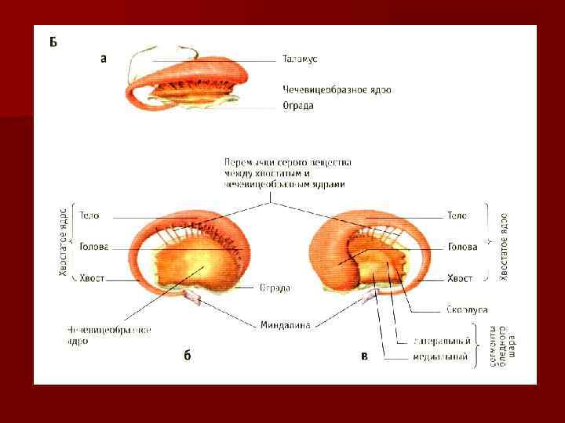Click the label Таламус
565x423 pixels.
tap(300, 59)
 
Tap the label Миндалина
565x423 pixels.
tap(285, 324)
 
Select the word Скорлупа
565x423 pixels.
tap(469, 309)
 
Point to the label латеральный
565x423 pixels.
tap(443, 341)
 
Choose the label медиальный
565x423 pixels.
tap(441, 358)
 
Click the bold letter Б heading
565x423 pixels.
tap(53, 42)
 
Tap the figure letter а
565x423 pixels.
tap(104, 57)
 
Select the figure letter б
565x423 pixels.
tap(188, 356)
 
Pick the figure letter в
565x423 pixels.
tap(364, 356)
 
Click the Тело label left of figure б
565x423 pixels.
tap(89, 215)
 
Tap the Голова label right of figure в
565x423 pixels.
tap(462, 247)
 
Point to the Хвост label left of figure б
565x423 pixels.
tap(93, 278)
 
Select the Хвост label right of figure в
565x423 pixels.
tap(459, 278)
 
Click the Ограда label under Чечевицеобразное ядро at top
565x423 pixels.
tap(298, 106)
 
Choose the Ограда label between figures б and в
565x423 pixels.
tap(275, 288)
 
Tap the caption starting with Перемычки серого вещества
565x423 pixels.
tap(288, 173)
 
